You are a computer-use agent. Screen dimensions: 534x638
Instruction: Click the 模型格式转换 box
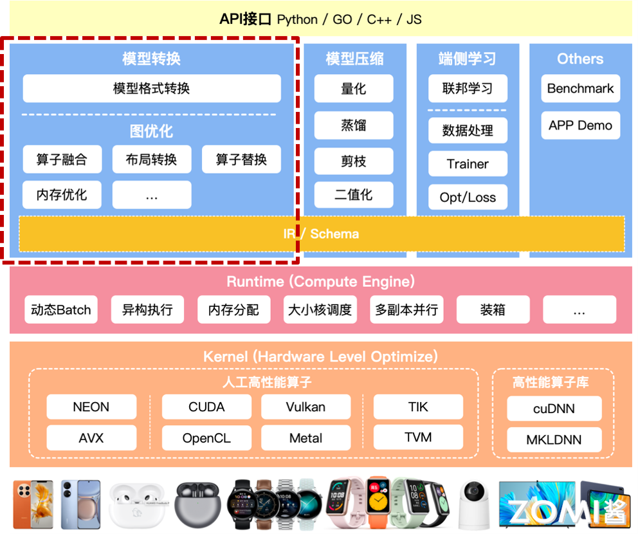(152, 89)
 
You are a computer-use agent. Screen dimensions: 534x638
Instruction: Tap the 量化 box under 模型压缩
(354, 89)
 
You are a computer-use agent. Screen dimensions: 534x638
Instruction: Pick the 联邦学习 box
(468, 89)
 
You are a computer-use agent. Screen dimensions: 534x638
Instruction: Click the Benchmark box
(580, 89)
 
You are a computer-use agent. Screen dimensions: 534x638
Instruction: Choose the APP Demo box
(580, 125)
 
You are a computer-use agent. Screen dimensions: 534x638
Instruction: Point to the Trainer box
(468, 164)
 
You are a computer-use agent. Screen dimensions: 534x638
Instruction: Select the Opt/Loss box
(468, 198)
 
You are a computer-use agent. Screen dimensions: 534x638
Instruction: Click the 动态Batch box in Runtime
(61, 310)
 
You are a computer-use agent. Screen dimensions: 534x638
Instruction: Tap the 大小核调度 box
(320, 310)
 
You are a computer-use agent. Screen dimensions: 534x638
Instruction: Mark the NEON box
(91, 407)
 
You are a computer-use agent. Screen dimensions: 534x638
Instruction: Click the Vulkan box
(305, 407)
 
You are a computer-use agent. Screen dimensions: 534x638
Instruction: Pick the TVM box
(418, 437)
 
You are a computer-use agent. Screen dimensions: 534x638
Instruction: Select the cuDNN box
(554, 409)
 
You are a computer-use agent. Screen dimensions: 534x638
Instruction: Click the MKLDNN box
(554, 440)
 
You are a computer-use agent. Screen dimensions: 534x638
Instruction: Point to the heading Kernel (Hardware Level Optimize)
(320, 356)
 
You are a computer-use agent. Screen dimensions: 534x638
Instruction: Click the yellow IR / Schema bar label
(322, 234)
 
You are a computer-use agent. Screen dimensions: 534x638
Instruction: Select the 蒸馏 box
(354, 125)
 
